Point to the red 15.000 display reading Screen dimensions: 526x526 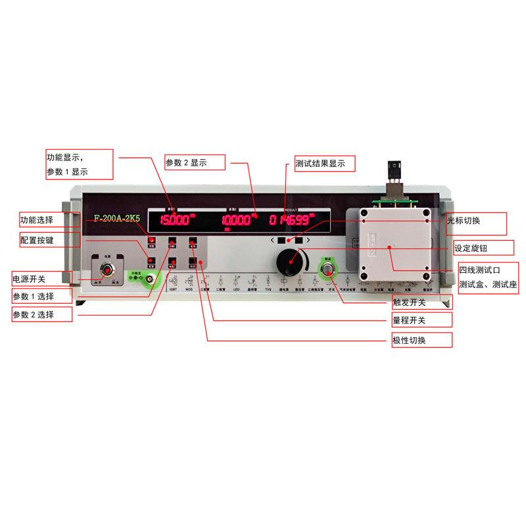[x=176, y=220]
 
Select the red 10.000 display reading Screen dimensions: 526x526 [x=237, y=220]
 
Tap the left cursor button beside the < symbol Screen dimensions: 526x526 [x=281, y=241]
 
